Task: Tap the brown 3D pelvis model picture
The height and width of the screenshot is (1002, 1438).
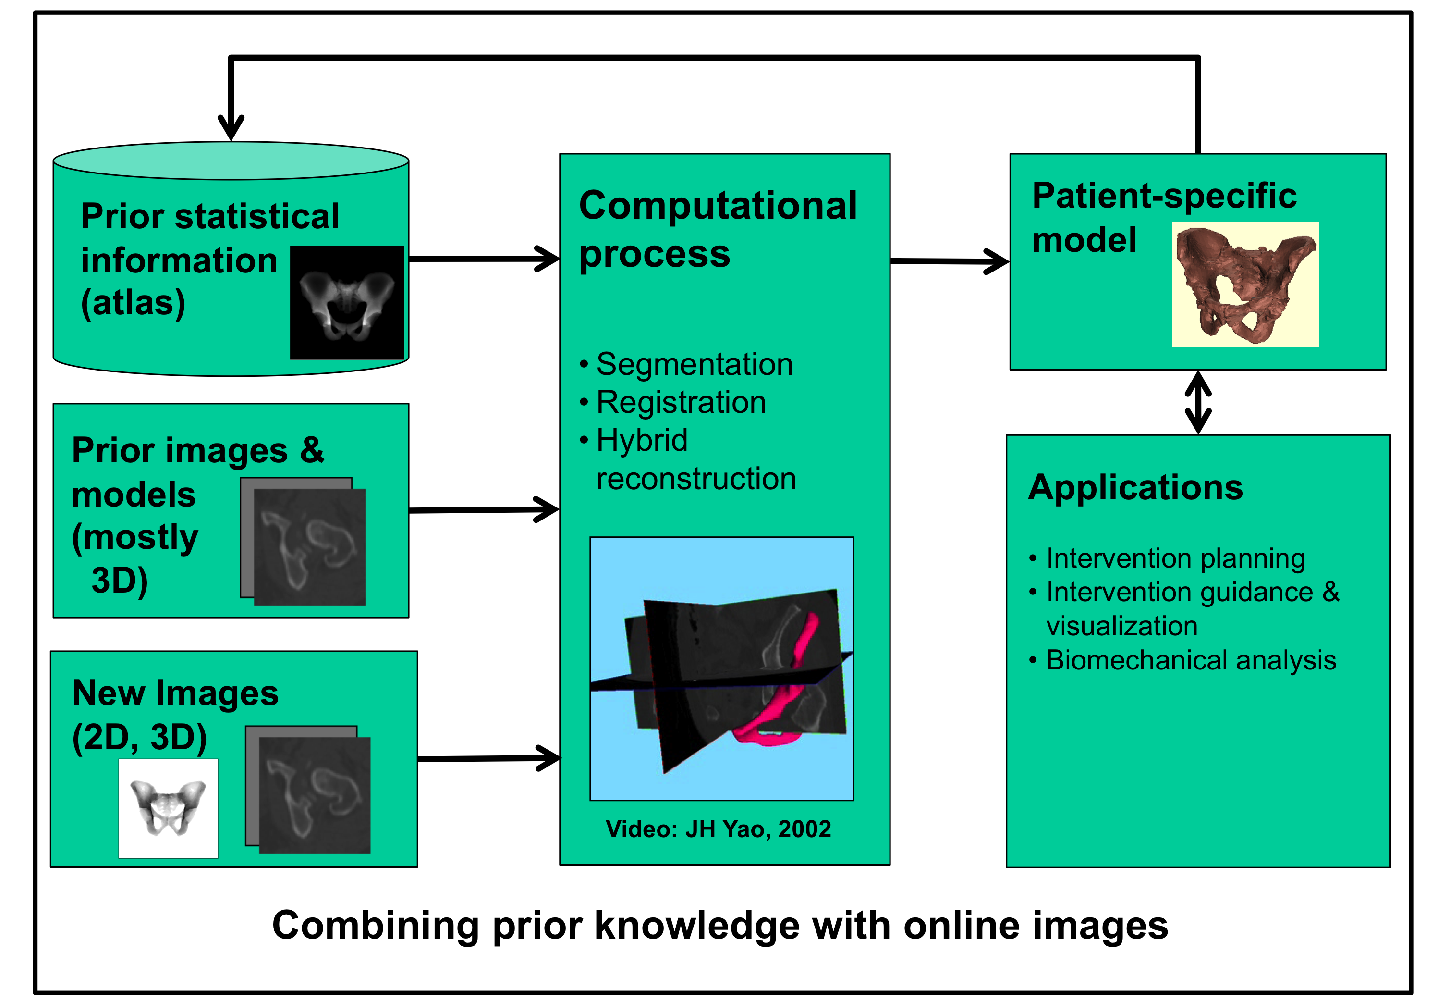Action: click(x=1245, y=285)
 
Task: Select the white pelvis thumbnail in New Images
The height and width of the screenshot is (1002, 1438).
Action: click(x=168, y=808)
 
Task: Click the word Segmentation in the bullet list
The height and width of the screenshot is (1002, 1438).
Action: click(x=695, y=364)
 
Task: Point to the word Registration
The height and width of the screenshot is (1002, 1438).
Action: click(x=681, y=402)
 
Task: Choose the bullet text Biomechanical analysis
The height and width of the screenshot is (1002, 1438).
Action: click(x=1191, y=660)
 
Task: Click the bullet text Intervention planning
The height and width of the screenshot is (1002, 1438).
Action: click(x=1176, y=558)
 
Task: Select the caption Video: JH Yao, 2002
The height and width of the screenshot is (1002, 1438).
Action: click(x=718, y=829)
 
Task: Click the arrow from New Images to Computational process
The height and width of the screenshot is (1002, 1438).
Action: click(x=488, y=758)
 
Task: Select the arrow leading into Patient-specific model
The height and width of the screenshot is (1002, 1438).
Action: click(x=949, y=261)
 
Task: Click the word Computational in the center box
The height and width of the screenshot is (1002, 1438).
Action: click(x=718, y=206)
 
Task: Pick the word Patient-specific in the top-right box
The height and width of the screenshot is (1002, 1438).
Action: click(x=1164, y=196)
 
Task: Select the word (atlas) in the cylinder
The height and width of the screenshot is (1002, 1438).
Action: click(x=133, y=303)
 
